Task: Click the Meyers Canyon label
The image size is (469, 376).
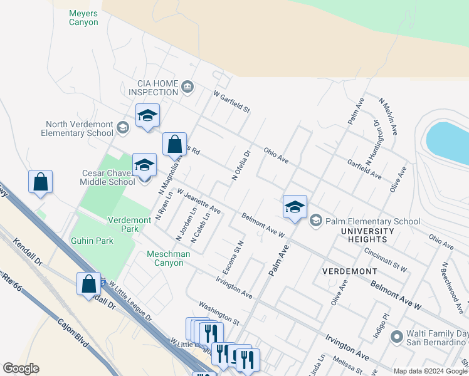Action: point(83,17)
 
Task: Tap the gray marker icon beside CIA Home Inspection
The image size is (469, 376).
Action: point(187,86)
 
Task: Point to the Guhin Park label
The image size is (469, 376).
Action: point(92,239)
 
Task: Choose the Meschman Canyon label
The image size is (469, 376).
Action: point(165,258)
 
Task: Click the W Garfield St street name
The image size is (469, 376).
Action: point(231,102)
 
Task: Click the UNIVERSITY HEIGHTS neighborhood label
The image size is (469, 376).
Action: point(367,236)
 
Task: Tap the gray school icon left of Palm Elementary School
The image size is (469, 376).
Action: point(315,221)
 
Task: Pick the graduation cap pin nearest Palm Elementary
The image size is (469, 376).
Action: point(295,206)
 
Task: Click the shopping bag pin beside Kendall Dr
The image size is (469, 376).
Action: point(89,283)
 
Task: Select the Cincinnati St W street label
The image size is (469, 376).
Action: point(386,260)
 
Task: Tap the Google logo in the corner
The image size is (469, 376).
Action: point(21,368)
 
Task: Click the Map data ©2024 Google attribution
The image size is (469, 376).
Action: point(431,371)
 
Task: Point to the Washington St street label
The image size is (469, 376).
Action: point(219,313)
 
